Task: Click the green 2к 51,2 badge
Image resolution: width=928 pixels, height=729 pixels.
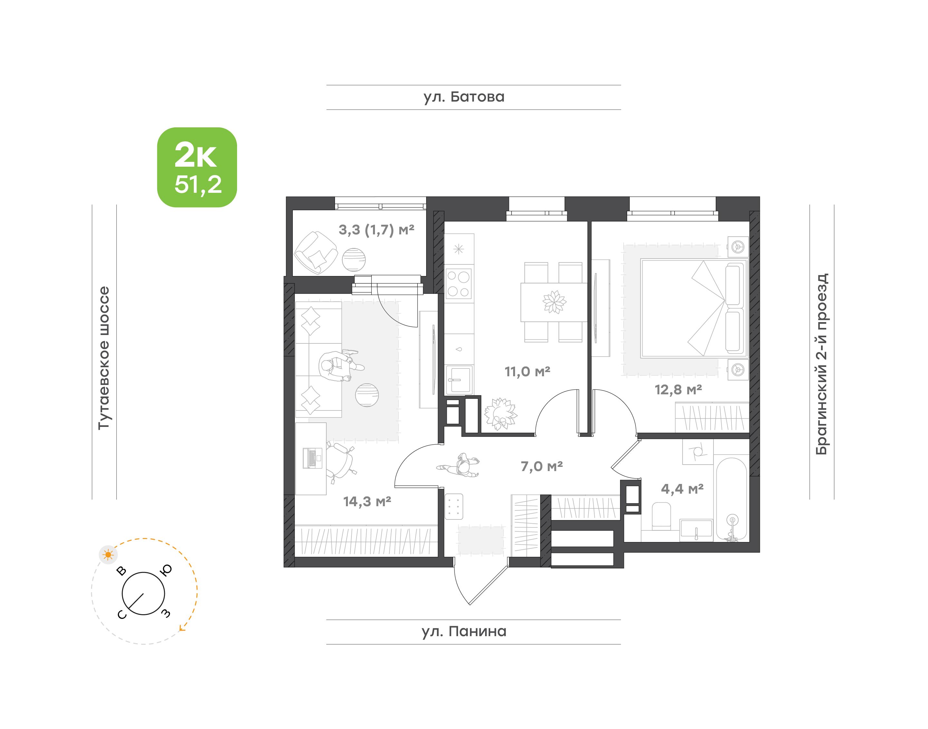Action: [x=197, y=167]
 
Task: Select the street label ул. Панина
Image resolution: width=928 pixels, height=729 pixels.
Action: [x=464, y=631]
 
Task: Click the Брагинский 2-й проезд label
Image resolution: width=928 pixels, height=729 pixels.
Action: [x=821, y=364]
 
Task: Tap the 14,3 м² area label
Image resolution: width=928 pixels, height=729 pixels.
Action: [x=367, y=501]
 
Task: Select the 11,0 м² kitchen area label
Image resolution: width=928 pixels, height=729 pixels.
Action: [x=528, y=371]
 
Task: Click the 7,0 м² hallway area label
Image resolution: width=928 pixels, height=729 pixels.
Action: [x=541, y=466]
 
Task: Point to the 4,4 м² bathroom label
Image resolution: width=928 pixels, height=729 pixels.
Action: [x=682, y=489]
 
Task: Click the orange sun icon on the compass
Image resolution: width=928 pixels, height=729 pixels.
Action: [x=108, y=555]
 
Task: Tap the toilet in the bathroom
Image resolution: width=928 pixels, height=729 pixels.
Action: [x=662, y=516]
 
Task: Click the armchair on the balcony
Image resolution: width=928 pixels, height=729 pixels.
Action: [x=316, y=253]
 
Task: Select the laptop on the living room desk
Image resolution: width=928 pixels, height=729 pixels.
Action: [x=312, y=458]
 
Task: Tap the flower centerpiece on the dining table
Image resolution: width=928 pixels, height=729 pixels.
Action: [x=554, y=302]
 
